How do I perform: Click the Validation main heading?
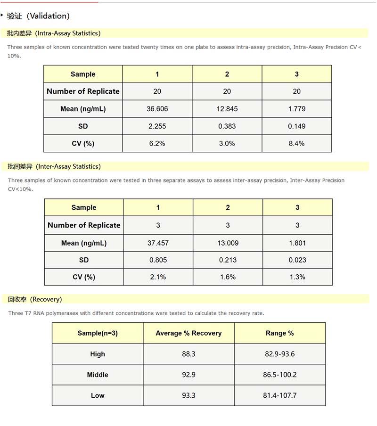click(38, 16)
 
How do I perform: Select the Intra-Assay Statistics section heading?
click(54, 33)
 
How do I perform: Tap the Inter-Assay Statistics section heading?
click(54, 166)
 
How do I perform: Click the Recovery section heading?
click(35, 299)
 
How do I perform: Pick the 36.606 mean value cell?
click(157, 109)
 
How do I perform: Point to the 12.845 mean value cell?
click(227, 109)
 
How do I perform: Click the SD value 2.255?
click(157, 126)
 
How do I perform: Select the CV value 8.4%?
click(296, 144)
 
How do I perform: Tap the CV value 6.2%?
click(157, 144)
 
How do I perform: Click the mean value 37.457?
click(158, 243)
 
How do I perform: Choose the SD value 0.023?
click(297, 260)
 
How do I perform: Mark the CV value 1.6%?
click(228, 277)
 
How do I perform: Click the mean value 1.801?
click(297, 243)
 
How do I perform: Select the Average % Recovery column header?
click(188, 333)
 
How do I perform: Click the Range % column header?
click(279, 333)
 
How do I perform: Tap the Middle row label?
click(98, 375)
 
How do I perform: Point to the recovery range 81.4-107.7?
click(279, 396)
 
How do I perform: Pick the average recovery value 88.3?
click(188, 354)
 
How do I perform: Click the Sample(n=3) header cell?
click(98, 333)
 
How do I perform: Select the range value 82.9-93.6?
click(279, 354)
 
